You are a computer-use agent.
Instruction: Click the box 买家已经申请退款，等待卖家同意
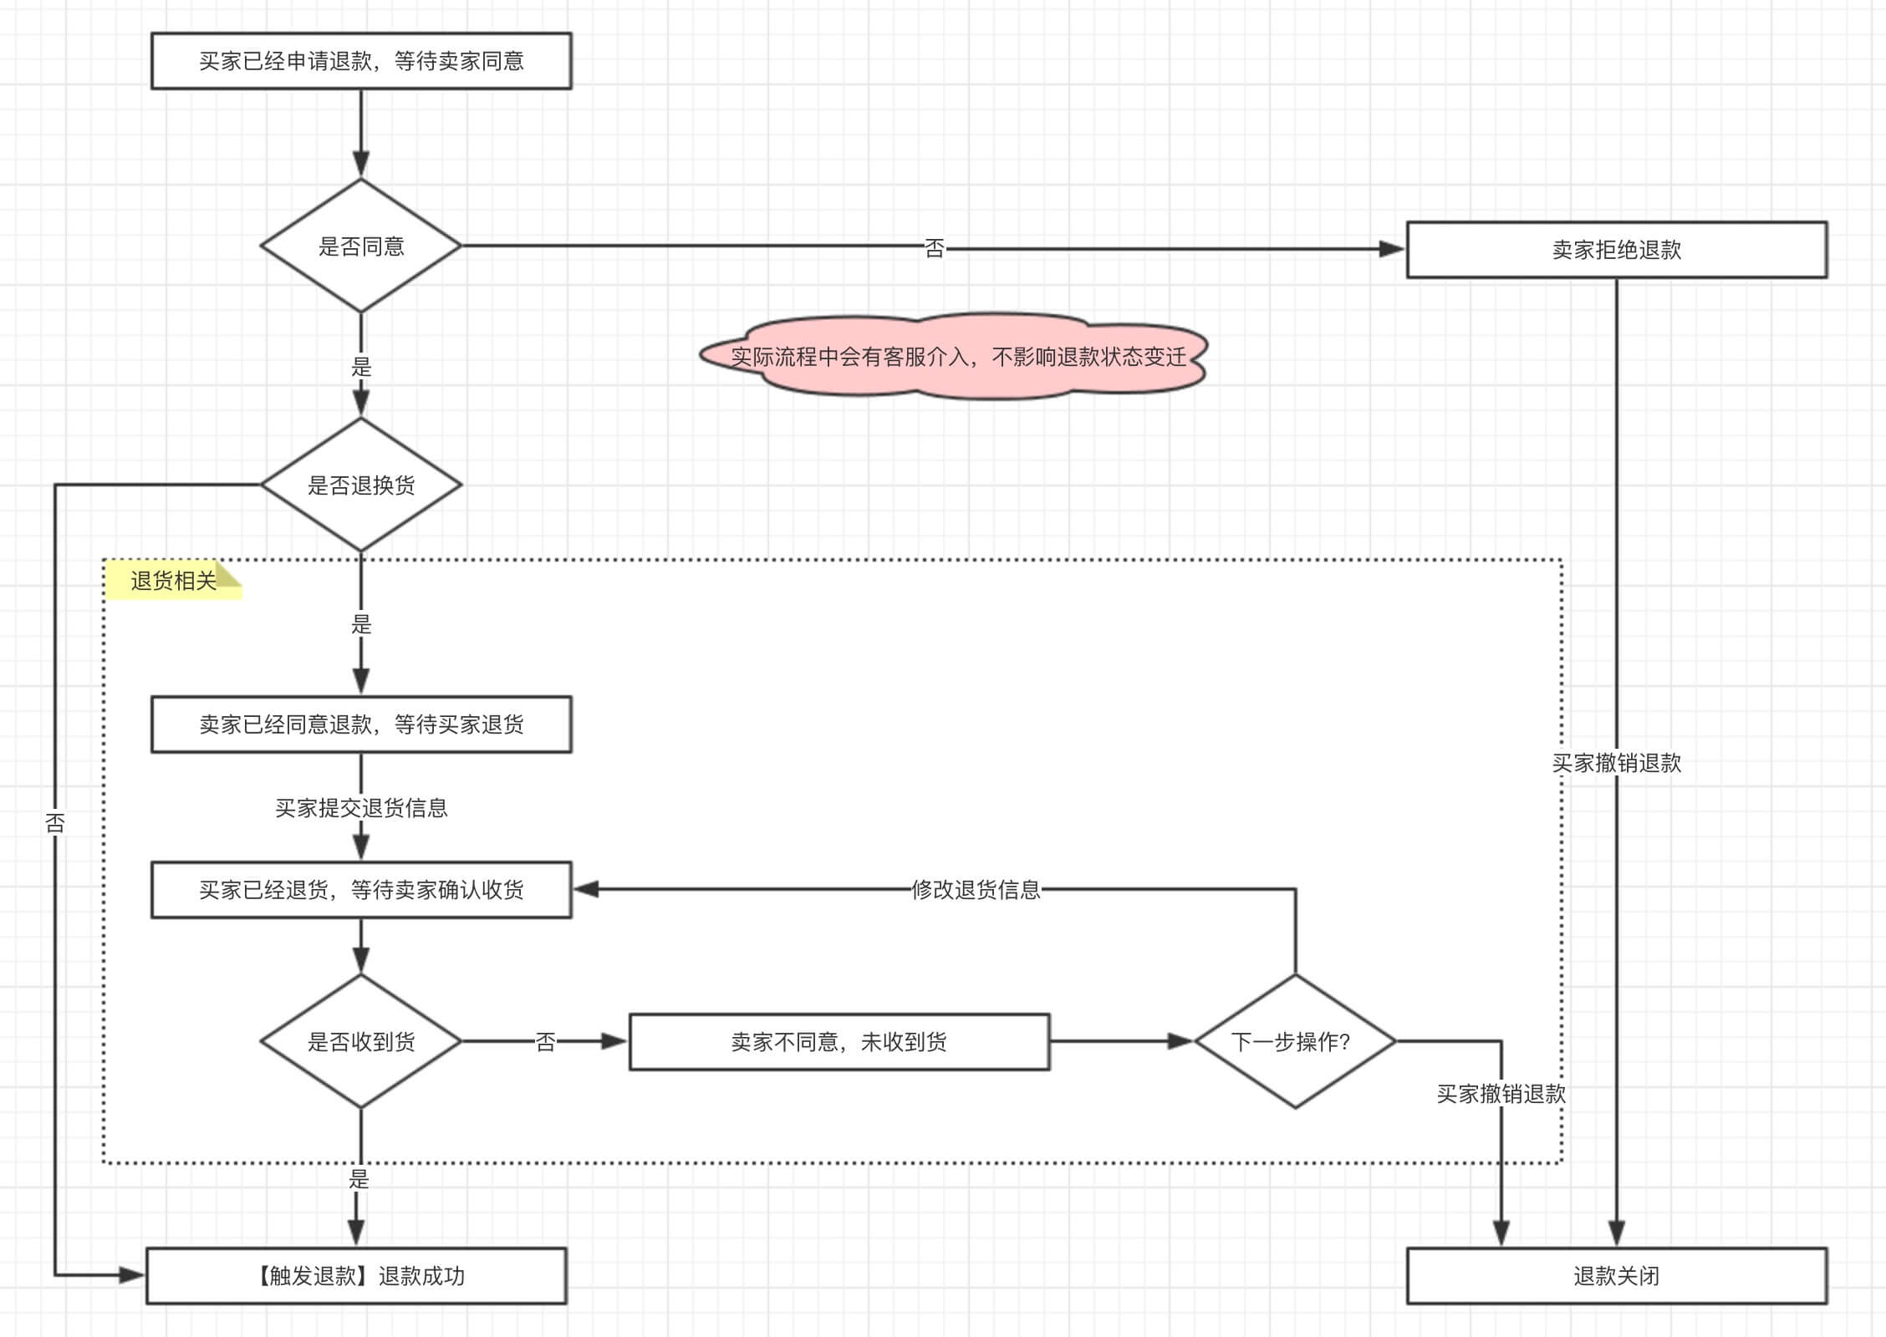coord(361,61)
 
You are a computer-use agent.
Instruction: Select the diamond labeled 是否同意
coord(361,246)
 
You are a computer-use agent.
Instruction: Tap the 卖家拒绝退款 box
coord(1616,250)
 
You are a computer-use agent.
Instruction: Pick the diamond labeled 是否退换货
coord(361,485)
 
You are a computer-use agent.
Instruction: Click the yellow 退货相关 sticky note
coord(173,581)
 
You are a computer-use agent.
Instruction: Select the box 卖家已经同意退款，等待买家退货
coord(361,724)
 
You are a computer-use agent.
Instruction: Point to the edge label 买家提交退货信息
coord(361,807)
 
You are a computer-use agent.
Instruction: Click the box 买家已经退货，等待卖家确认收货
coord(361,890)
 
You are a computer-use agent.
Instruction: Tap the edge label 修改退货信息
coord(976,889)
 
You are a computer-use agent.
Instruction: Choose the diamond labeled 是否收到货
coord(361,1041)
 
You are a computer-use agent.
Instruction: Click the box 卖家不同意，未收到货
coord(839,1042)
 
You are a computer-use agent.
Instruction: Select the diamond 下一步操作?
coord(1294,1041)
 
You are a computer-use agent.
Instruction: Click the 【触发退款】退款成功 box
coord(357,1276)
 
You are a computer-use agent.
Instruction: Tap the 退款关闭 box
coord(1616,1276)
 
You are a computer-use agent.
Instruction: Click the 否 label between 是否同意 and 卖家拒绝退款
coord(934,248)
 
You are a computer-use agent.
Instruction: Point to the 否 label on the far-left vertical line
coord(55,823)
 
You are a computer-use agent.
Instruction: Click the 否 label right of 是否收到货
coord(545,1041)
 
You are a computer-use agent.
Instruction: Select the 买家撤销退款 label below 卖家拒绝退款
coord(1616,762)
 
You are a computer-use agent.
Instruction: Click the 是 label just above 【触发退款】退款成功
coord(359,1178)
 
